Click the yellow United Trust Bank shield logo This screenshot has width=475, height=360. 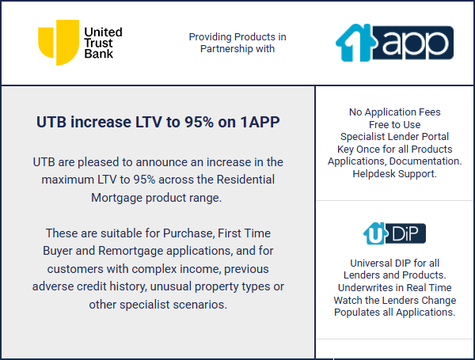point(59,43)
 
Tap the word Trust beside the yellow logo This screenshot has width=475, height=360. point(98,43)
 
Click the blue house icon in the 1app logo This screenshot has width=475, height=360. point(355,43)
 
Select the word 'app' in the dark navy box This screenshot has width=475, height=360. point(415,44)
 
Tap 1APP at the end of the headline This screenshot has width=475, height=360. point(260,122)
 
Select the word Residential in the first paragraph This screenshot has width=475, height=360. point(245,180)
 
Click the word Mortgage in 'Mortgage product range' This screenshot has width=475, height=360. point(117,198)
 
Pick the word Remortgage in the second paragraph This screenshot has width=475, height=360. point(131,251)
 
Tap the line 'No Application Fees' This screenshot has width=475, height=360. point(395,112)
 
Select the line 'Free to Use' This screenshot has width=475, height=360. point(395,124)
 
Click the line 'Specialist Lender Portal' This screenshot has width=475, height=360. point(395,137)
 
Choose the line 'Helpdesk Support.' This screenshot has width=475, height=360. point(395,174)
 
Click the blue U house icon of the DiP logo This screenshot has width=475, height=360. point(375,233)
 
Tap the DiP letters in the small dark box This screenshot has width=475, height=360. point(405,233)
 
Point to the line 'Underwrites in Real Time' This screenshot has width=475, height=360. point(395,287)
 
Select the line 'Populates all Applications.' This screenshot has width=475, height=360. point(395,313)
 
